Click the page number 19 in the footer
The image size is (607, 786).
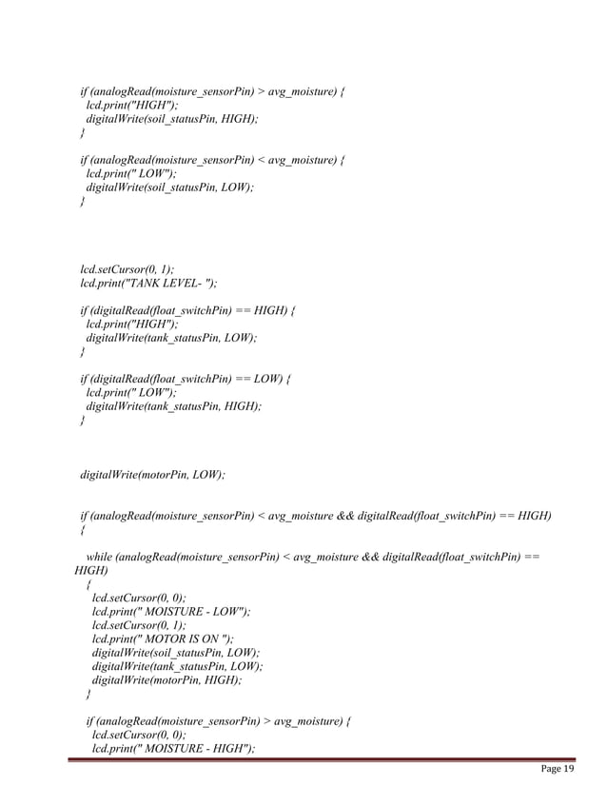point(569,769)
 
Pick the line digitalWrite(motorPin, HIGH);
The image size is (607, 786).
point(166,680)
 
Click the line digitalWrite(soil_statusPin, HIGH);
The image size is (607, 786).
point(171,119)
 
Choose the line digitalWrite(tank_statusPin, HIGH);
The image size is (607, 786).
point(173,406)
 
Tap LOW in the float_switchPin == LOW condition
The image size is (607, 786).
point(268,379)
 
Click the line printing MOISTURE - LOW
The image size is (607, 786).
point(171,612)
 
